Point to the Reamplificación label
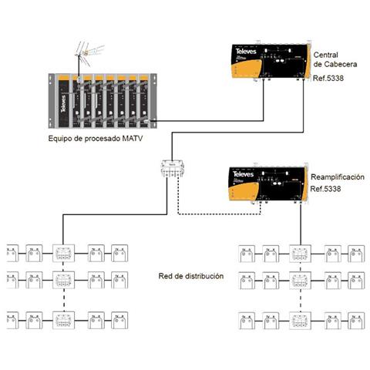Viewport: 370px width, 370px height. (x=337, y=177)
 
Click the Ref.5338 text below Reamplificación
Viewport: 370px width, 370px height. (x=325, y=189)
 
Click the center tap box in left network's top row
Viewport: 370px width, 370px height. (x=62, y=251)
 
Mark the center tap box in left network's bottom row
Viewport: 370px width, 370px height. (x=62, y=317)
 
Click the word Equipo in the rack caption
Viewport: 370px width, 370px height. (x=62, y=139)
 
